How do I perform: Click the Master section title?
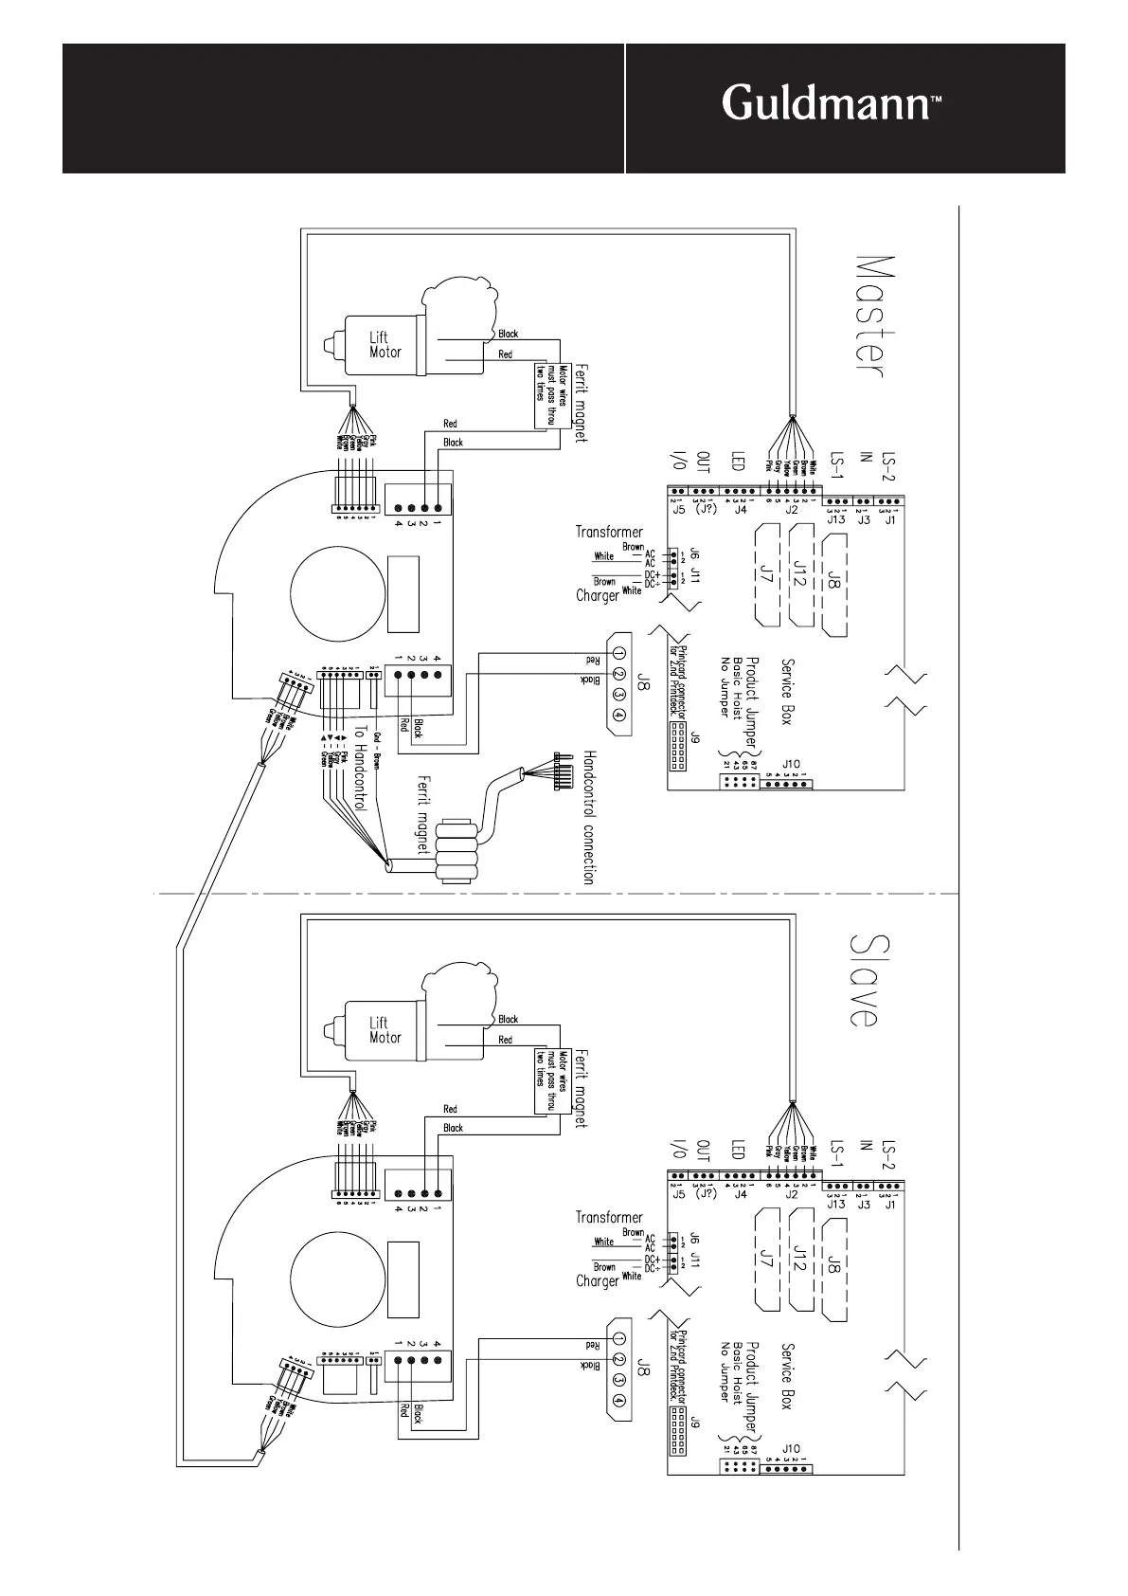pyautogui.click(x=870, y=316)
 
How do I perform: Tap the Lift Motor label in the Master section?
pyautogui.click(x=385, y=344)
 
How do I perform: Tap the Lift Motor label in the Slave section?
pyautogui.click(x=385, y=1030)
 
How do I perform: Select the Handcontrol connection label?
pyautogui.click(x=587, y=818)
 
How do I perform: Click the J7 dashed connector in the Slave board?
pyautogui.click(x=767, y=1261)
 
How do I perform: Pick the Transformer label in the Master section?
pyautogui.click(x=609, y=532)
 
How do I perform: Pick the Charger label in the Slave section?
pyautogui.click(x=598, y=1280)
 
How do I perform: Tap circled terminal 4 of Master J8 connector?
pyautogui.click(x=618, y=716)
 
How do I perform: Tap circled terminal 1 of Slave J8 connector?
pyautogui.click(x=618, y=1338)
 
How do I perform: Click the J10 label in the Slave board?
pyautogui.click(x=792, y=1448)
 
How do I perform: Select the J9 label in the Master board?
pyautogui.click(x=695, y=737)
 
